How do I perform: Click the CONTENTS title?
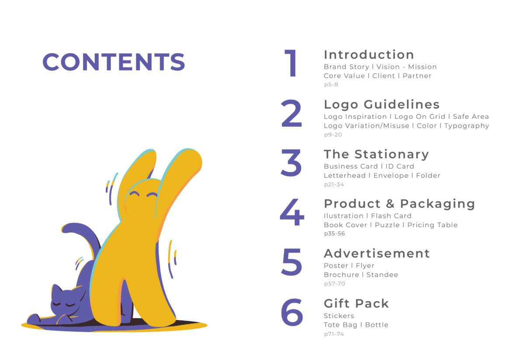pyautogui.click(x=114, y=62)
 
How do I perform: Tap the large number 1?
pyautogui.click(x=291, y=63)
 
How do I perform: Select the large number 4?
pyautogui.click(x=292, y=212)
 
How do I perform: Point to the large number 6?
pyautogui.click(x=292, y=312)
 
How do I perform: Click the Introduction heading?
pyautogui.click(x=369, y=55)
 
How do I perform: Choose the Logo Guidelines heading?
pyautogui.click(x=382, y=105)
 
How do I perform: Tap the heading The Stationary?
pyautogui.click(x=376, y=154)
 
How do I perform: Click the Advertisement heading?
pyautogui.click(x=377, y=254)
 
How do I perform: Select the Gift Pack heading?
pyautogui.click(x=356, y=304)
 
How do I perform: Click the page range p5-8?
pyautogui.click(x=331, y=84)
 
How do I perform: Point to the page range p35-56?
pyautogui.click(x=335, y=234)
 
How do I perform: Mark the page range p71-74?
pyautogui.click(x=334, y=334)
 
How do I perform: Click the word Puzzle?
pyautogui.click(x=387, y=225)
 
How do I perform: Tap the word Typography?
pyautogui.click(x=467, y=126)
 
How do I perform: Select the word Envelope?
pyautogui.click(x=391, y=175)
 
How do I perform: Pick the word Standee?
pyautogui.click(x=382, y=275)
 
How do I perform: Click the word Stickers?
pyautogui.click(x=339, y=315)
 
